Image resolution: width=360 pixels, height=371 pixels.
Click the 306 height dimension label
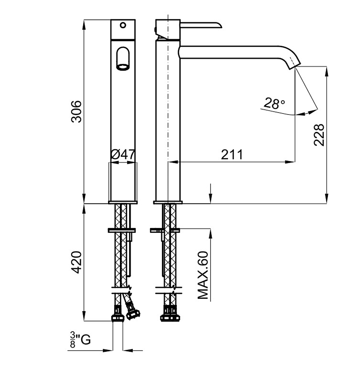click(76, 111)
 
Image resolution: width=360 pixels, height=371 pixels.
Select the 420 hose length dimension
click(76, 262)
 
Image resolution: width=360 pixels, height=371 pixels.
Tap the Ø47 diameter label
click(123, 155)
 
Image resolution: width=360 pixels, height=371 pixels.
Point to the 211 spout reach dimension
click(232, 155)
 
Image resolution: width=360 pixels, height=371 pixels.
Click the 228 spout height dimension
click(319, 134)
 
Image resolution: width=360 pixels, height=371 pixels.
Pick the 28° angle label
click(274, 103)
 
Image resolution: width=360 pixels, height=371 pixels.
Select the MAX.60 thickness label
click(203, 275)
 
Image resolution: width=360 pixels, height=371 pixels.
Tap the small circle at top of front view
click(123, 25)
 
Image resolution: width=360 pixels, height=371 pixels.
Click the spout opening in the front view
click(123, 67)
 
